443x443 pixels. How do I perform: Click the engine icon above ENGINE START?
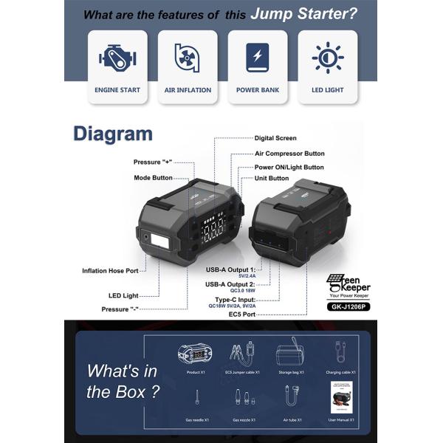point(117,58)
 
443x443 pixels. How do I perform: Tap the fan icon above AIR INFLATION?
point(188,58)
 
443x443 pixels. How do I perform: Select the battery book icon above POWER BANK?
point(258,57)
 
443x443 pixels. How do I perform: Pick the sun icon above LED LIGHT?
point(327,58)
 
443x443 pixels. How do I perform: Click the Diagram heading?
point(112,134)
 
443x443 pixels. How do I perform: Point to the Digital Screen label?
point(275,138)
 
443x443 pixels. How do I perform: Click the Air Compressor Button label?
point(289,154)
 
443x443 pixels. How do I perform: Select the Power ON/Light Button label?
point(289,167)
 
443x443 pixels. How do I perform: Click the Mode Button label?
point(153,178)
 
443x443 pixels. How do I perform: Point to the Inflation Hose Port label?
point(111,271)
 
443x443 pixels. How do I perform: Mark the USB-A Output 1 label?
point(231,270)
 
